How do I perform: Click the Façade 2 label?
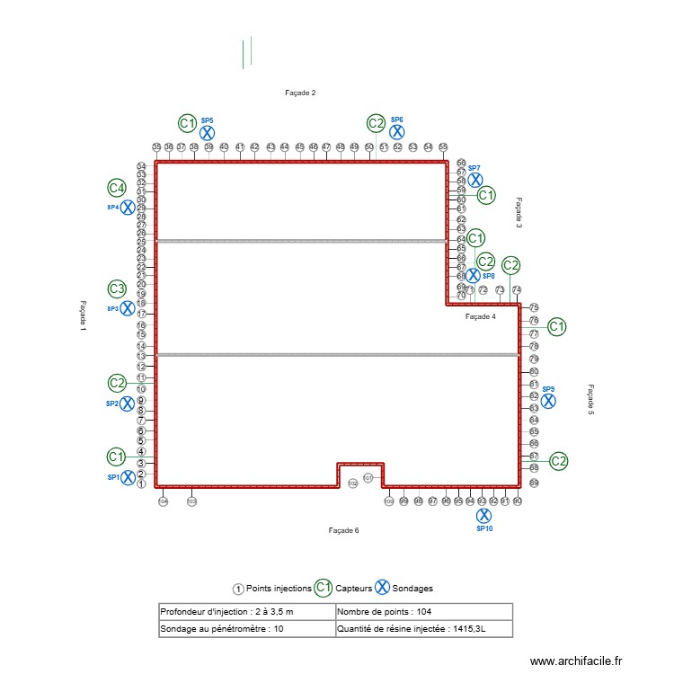coord(300,93)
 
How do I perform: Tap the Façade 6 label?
coord(344,531)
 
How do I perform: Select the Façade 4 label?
coord(481,316)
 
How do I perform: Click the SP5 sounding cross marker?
coord(207,131)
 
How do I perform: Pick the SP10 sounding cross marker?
coord(483,516)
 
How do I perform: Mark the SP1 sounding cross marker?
coord(128,477)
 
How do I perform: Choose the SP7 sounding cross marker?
coord(475,180)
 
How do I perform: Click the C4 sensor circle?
coord(116,188)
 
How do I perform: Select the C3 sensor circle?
coord(117,288)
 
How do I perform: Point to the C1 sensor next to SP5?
coord(186,123)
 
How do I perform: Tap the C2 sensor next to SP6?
coord(376,123)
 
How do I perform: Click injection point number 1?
coord(141,483)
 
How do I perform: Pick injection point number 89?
coord(534,483)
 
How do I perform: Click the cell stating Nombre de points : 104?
coord(422,612)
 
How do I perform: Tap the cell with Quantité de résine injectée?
coord(422,629)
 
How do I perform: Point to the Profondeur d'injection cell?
coord(245,612)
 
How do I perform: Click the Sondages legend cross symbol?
coord(381,588)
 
